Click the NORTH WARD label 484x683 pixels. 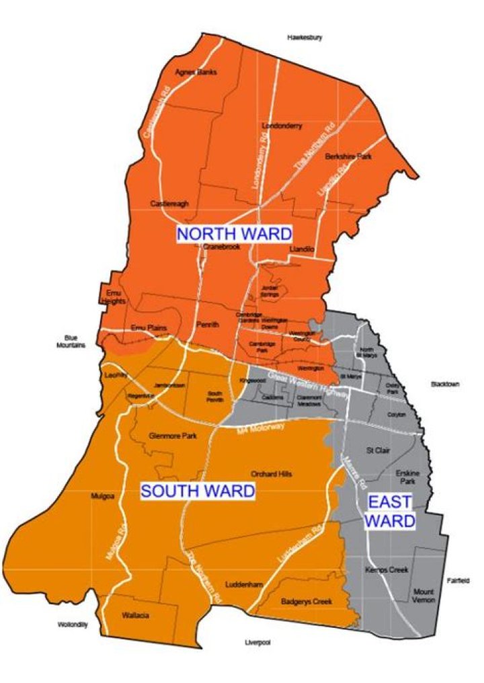[x=234, y=234]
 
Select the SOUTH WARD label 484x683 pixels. [x=198, y=491]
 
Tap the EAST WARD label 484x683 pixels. [x=391, y=511]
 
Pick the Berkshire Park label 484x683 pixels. [x=348, y=156]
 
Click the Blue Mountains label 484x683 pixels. [x=71, y=341]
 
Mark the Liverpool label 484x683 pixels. [x=257, y=643]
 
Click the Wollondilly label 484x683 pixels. [x=72, y=624]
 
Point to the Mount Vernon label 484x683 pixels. [x=424, y=596]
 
